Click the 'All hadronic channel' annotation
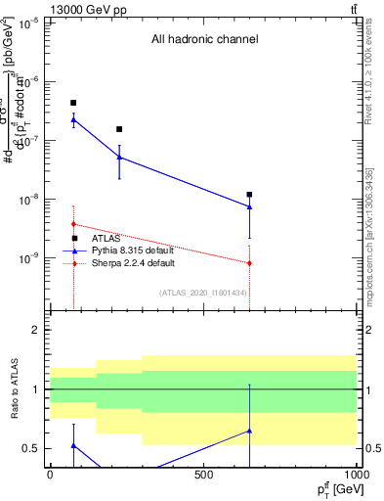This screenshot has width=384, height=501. pyautogui.click(x=204, y=40)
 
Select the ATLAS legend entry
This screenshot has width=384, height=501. pyautogui.click(x=107, y=238)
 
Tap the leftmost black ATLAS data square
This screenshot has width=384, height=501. pyautogui.click(x=73, y=103)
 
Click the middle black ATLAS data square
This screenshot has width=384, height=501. pyautogui.click(x=119, y=129)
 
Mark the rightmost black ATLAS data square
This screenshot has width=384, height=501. pyautogui.click(x=250, y=195)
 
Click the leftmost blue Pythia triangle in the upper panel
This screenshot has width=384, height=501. pyautogui.click(x=73, y=119)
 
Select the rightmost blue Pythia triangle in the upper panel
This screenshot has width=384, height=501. pyautogui.click(x=250, y=206)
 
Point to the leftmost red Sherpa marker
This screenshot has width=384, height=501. pyautogui.click(x=73, y=224)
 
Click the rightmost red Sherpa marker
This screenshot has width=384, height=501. pyautogui.click(x=250, y=262)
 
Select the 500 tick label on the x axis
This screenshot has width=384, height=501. pyautogui.click(x=204, y=475)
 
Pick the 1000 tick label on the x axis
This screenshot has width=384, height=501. pyautogui.click(x=357, y=475)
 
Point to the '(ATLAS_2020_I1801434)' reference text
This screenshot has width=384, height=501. pyautogui.click(x=203, y=293)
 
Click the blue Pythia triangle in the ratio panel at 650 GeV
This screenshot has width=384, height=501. pyautogui.click(x=250, y=431)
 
